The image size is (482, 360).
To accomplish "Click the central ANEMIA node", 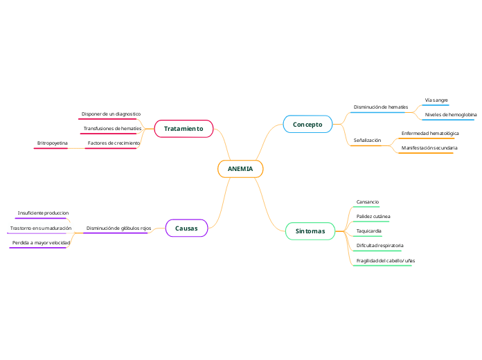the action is pos(240,169).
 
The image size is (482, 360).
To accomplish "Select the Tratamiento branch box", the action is pos(184,129).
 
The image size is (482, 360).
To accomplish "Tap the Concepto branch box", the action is pos(307,125).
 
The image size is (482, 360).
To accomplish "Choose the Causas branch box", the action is pos(186,228).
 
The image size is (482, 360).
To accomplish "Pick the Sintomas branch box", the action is pos(310,231).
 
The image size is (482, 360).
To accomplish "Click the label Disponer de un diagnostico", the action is pos(111,114).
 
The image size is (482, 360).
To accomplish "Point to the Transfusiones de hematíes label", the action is pos(112,129).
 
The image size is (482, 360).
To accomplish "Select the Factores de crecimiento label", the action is pos(114,143).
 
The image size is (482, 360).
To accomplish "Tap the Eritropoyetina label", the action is pos(53,143).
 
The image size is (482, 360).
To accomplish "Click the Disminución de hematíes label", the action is pos(380,107).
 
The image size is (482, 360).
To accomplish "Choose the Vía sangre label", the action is pos(436,100).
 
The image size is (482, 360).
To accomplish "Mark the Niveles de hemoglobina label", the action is pos(451,114).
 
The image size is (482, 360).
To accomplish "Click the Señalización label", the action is pos(367,140).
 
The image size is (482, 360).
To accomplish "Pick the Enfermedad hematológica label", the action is pos(429,133).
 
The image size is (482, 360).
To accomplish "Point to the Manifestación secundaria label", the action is pos(429,147).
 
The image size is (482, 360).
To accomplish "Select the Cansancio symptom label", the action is pos(367,202).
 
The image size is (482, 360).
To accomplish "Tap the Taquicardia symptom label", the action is pos(368,231).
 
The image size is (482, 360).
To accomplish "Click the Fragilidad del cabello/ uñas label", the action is pos(385,261).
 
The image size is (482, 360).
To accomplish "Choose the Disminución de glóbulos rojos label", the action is pos(118,228).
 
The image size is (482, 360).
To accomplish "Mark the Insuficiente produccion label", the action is pos(43,213).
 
